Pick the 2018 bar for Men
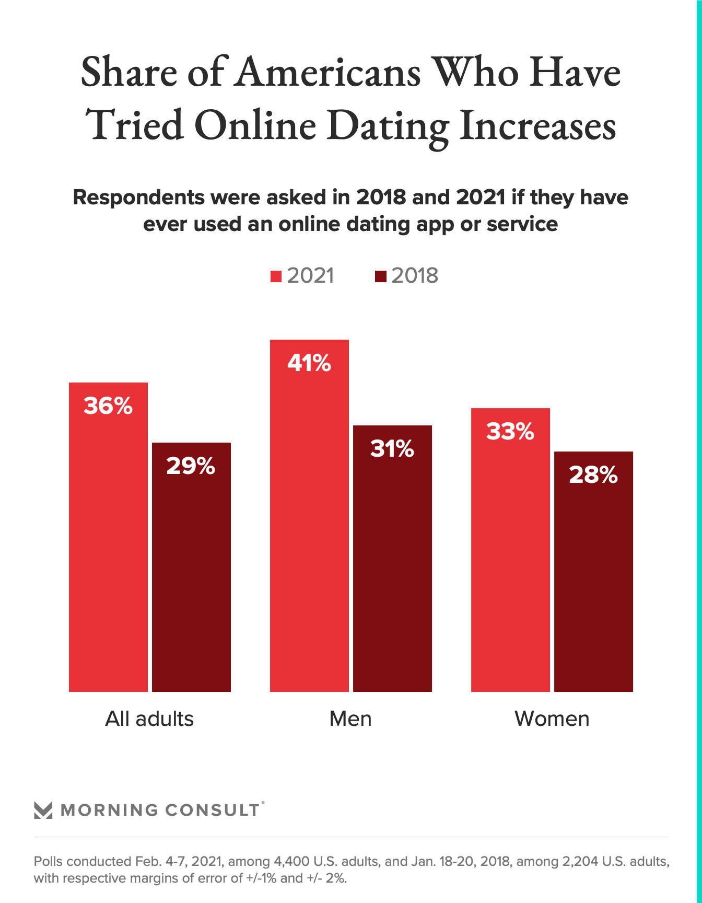coord(392,559)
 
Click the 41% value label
coord(309,363)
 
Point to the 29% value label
coord(191,466)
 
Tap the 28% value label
coord(593,475)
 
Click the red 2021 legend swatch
coord(276,276)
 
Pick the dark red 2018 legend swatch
coord(380,276)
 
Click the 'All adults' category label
coord(149,719)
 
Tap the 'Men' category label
coord(350,719)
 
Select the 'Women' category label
coord(552,719)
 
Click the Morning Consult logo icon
coord(43,810)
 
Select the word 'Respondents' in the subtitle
coord(138,198)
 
